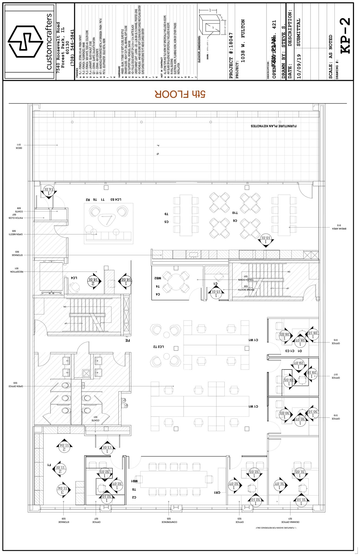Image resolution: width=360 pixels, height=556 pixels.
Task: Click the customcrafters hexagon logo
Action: pyautogui.click(x=26, y=41)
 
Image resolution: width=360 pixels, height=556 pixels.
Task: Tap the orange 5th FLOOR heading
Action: pyautogui.click(x=180, y=94)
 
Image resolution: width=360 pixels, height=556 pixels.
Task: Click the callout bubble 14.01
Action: pyautogui.click(x=48, y=189)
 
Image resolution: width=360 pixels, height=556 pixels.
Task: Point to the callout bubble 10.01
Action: pyautogui.click(x=266, y=238)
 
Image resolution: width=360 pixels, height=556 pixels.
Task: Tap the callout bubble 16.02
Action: pyautogui.click(x=126, y=279)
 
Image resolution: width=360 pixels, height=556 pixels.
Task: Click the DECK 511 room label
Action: pyautogui.click(x=19, y=146)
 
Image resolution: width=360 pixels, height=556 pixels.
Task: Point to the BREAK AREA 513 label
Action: pyautogui.click(x=339, y=227)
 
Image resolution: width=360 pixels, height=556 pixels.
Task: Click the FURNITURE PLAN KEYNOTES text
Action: pyautogui.click(x=273, y=126)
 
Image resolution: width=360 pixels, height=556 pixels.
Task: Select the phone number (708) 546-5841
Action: pyautogui.click(x=72, y=48)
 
